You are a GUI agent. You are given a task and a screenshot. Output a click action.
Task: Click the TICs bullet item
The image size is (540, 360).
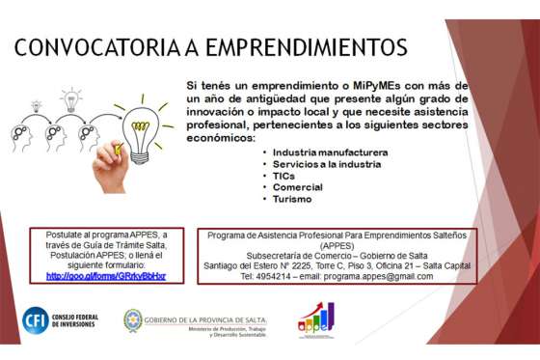coord(284,176)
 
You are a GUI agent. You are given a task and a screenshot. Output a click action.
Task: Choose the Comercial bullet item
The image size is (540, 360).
coord(298,187)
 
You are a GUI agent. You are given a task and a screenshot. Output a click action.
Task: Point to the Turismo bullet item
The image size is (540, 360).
coord(293,199)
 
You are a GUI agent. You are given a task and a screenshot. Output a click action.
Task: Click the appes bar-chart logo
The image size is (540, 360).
coord(315,319)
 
